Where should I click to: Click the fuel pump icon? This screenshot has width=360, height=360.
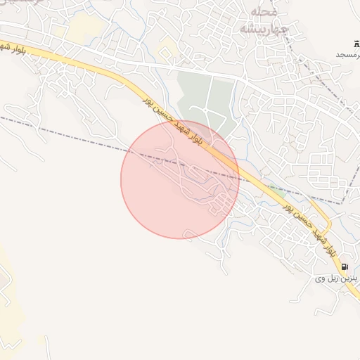click(345, 267)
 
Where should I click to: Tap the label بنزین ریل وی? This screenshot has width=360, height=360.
click(336, 279)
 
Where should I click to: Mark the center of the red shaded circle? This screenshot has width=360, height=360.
click(180, 179)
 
